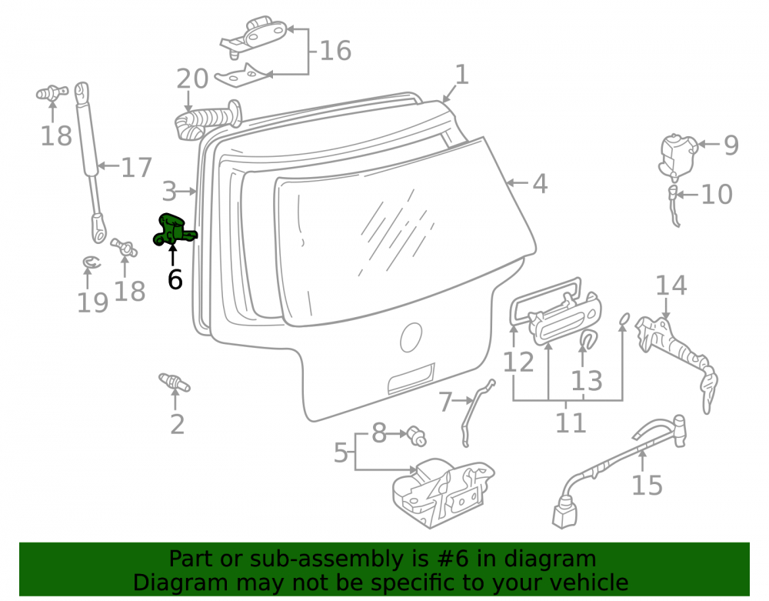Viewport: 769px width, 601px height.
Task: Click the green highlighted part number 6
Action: pos(173,230)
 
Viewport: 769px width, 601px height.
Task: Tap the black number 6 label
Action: pos(175,279)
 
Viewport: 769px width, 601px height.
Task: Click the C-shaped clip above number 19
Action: pos(91,263)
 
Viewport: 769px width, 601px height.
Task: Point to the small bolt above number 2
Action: pos(174,382)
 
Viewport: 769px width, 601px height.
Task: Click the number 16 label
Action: pos(335,51)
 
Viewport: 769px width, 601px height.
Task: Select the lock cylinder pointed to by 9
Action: pos(678,155)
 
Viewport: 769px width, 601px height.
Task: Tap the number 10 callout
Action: pos(717,194)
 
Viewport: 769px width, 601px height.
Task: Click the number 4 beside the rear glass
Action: pos(540,183)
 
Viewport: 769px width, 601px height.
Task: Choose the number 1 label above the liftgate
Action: pos(462,75)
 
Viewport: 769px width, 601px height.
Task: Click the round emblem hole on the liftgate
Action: pos(411,338)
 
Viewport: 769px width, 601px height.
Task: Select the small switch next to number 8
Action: pos(416,436)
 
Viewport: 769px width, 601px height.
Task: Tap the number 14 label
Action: pos(671,285)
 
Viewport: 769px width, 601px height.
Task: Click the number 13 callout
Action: pos(587,381)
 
